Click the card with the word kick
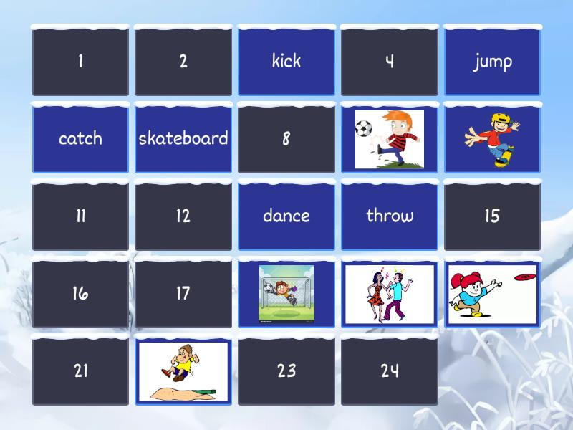point(286,62)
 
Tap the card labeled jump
point(492,62)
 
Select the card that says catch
point(80,138)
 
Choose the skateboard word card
point(183,138)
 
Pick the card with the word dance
point(286,216)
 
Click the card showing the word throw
point(389,216)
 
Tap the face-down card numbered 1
point(80,62)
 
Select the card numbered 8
point(286,138)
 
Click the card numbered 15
point(492,216)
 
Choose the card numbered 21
point(80,371)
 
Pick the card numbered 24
point(389,371)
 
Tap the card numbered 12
point(183,216)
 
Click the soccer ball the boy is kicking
point(365,129)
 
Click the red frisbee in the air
point(526,276)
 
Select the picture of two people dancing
point(389,292)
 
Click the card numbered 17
point(183,293)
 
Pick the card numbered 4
point(389,62)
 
